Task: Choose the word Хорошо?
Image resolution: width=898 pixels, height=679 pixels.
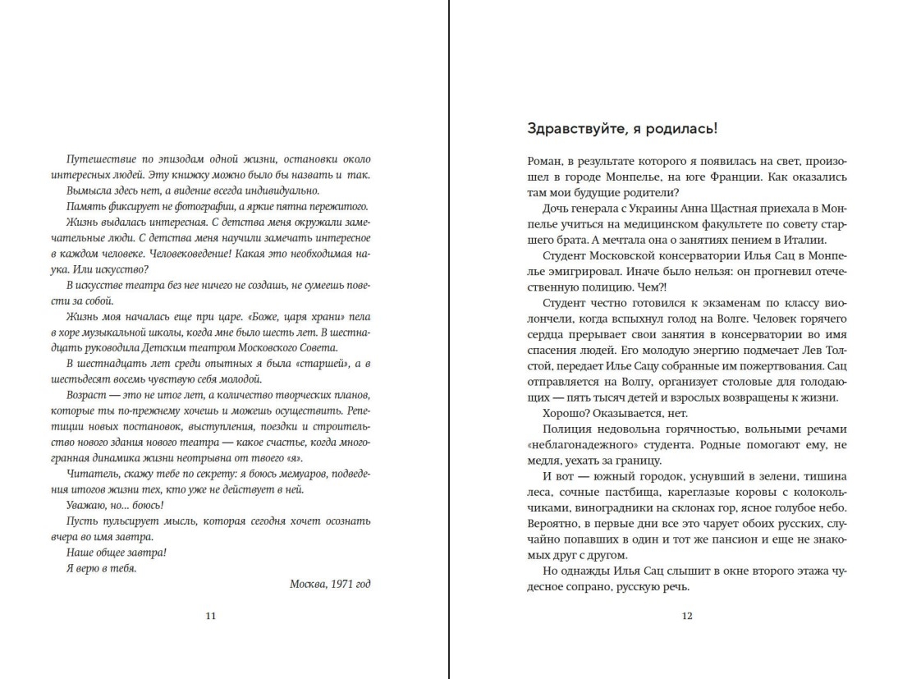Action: pos(567,413)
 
